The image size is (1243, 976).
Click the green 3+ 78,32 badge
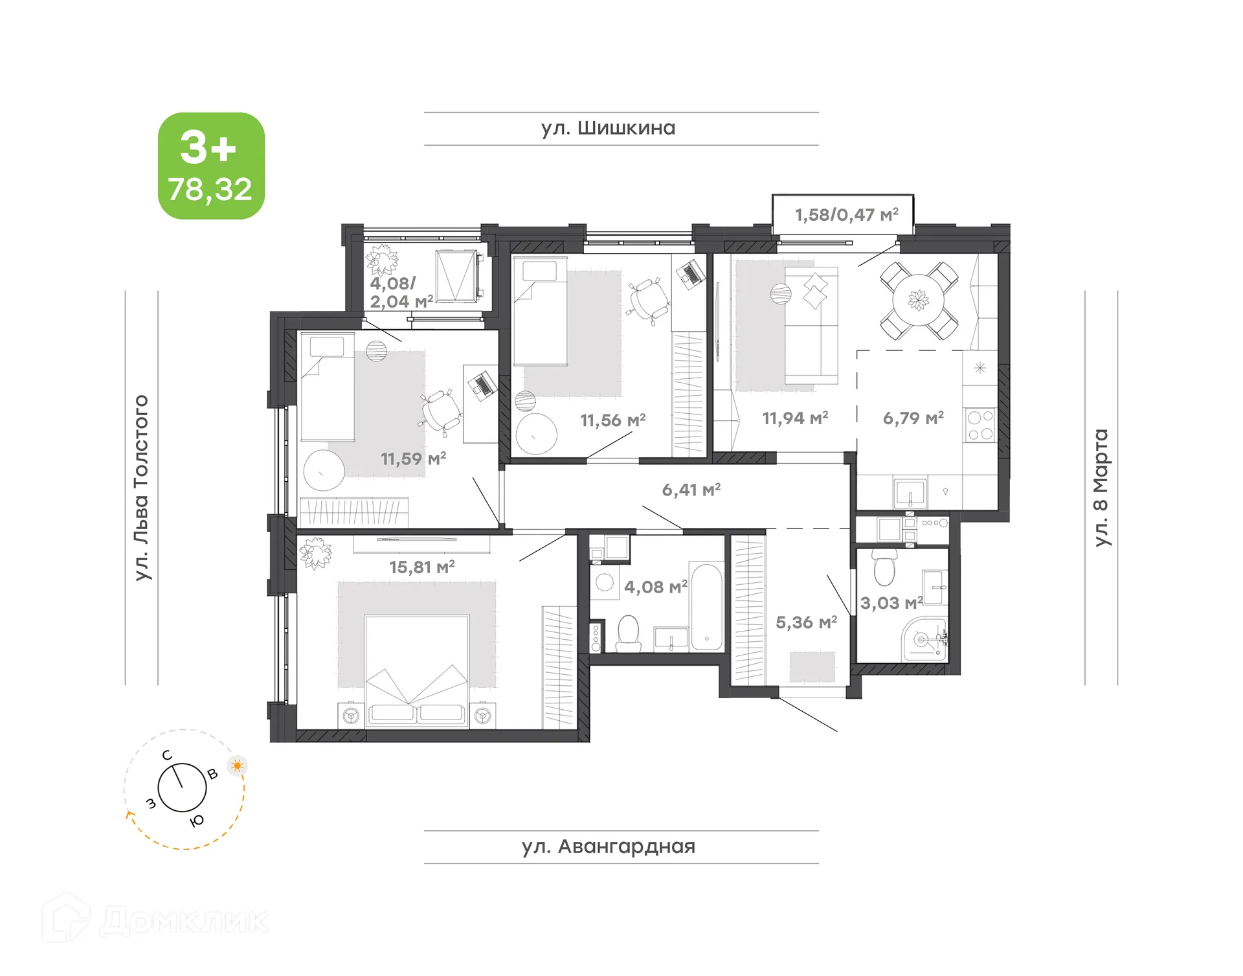(211, 166)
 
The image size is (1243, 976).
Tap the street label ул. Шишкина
(608, 128)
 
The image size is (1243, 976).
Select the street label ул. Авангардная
(608, 846)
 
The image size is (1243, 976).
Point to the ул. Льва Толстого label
(142, 488)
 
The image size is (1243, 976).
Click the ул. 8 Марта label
(1101, 488)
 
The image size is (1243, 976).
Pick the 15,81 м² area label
(421, 567)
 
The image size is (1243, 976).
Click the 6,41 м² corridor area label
(691, 490)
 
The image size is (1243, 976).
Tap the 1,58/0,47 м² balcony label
(846, 214)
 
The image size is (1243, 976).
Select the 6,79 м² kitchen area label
(913, 418)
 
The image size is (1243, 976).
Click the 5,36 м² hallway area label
(806, 623)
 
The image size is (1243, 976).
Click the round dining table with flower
(918, 301)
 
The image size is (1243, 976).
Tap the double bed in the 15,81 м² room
(417, 671)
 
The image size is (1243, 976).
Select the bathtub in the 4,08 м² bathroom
(706, 606)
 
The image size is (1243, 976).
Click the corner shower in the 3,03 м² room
(924, 639)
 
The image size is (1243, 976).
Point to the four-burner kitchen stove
(980, 426)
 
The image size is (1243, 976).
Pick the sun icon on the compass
(238, 766)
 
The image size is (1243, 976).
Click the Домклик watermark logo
(155, 919)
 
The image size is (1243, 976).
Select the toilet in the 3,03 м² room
(884, 567)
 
